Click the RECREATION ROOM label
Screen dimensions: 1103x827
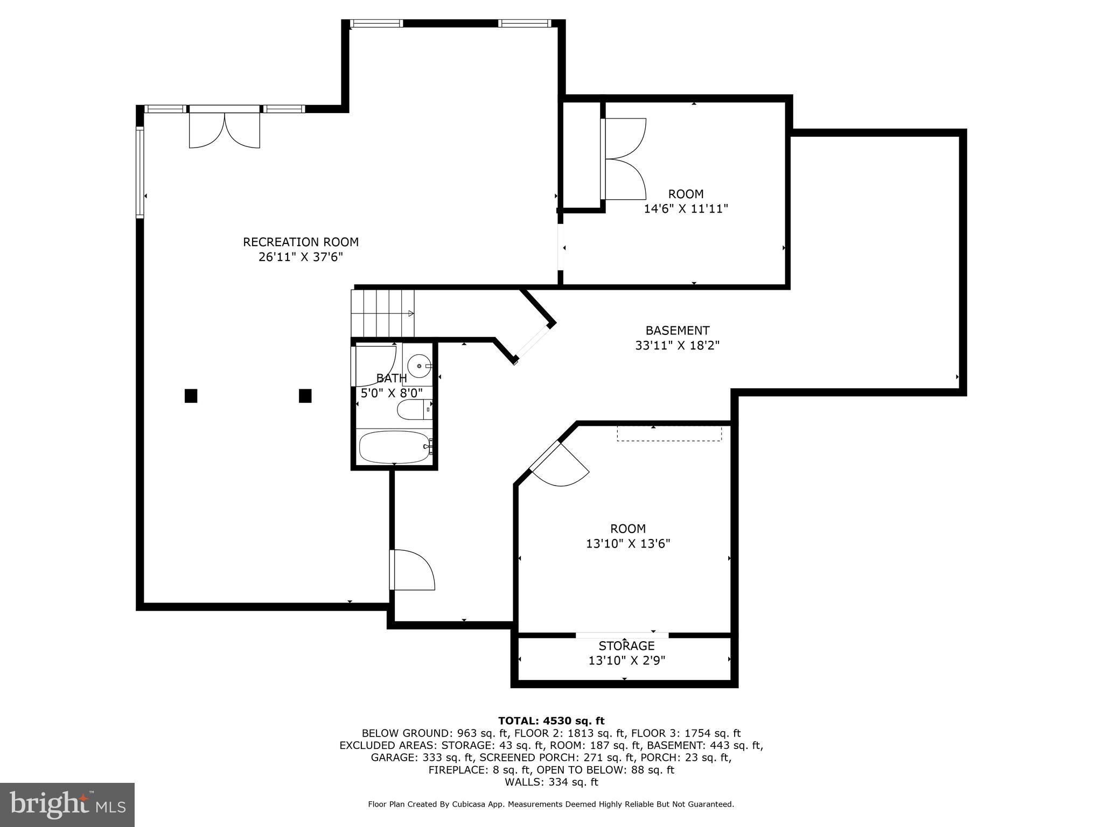point(301,242)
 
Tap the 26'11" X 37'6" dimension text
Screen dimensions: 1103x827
point(301,257)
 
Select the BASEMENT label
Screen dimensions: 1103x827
point(678,331)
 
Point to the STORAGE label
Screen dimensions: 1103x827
point(626,646)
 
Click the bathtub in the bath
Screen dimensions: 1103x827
point(394,446)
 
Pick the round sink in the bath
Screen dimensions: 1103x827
point(419,366)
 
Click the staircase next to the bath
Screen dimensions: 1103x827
point(383,313)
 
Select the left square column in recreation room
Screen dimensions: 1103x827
point(191,396)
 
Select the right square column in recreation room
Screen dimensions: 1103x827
point(305,396)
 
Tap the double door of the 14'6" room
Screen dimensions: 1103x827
point(624,159)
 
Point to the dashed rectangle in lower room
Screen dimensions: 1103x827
point(669,433)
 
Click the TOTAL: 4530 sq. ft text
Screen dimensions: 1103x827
point(551,721)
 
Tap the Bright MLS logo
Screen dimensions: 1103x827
point(67,804)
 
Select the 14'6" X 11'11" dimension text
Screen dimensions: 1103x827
point(686,208)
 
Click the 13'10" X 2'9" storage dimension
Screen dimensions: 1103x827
point(627,660)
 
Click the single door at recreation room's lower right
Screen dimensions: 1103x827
point(412,570)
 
